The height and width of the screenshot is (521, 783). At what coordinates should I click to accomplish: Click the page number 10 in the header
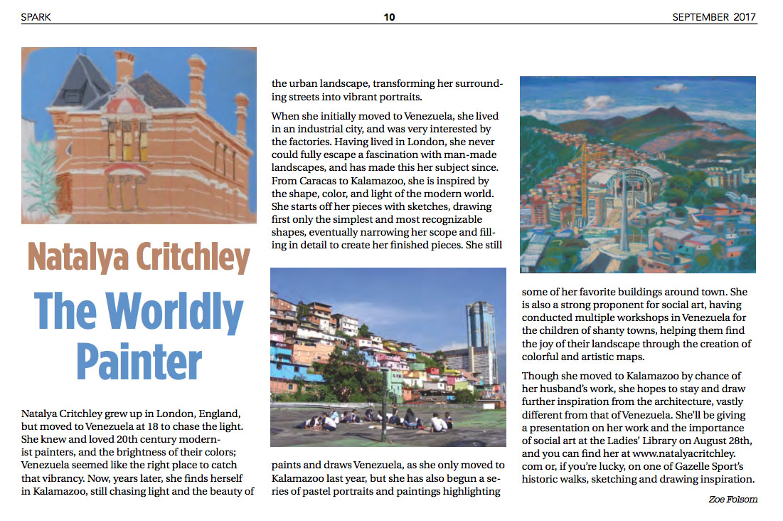pyautogui.click(x=389, y=17)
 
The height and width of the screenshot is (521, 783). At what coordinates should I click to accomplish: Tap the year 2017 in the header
pyautogui.click(x=745, y=17)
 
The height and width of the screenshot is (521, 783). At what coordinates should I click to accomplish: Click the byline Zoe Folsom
pyautogui.click(x=733, y=499)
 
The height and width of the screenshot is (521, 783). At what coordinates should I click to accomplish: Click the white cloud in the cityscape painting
pyautogui.click(x=671, y=88)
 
